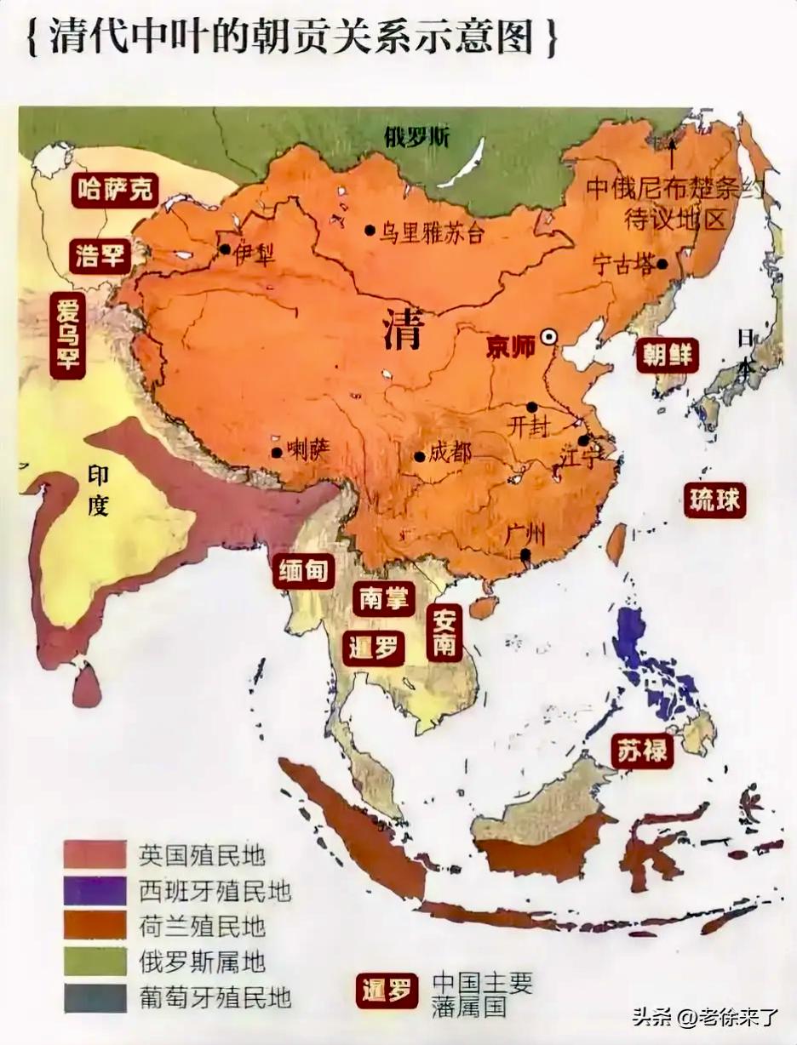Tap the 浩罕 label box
point(100,254)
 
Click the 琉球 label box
point(714,500)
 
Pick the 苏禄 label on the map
point(642,751)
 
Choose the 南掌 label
point(383,599)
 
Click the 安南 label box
point(444,634)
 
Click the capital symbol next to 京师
point(549,338)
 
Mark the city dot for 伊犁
point(224,249)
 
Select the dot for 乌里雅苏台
point(370,230)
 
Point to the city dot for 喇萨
point(276,453)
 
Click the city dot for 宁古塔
point(662,264)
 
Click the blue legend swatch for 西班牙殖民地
point(95,890)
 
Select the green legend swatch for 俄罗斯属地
point(95,962)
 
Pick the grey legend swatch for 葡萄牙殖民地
point(95,997)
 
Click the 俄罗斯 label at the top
point(416,136)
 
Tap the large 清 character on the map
point(402,330)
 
